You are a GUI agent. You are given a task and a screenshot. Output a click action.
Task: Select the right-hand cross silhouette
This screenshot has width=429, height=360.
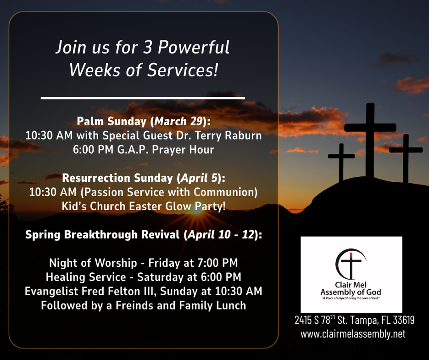406,158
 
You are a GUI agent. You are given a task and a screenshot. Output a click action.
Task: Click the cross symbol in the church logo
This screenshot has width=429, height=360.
351,264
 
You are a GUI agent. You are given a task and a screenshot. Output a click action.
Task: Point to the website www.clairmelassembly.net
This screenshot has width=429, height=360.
353,334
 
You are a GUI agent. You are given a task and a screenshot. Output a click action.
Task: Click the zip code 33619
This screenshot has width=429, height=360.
404,320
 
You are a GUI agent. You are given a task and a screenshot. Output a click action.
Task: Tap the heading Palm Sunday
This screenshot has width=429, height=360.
111,121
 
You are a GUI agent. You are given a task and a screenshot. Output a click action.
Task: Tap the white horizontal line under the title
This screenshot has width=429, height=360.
143,97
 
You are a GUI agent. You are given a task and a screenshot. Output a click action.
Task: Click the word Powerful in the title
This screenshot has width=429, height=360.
194,47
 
